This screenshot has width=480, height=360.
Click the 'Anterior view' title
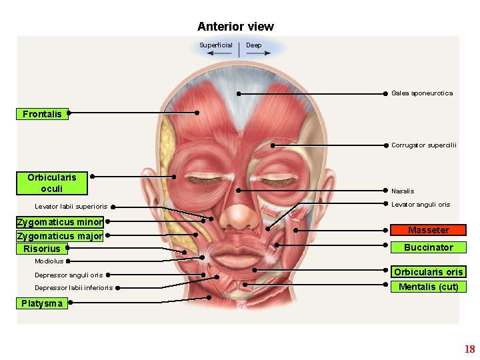click(x=235, y=27)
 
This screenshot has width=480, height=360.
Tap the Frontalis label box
click(x=42, y=114)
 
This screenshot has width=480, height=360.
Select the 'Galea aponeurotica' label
click(x=421, y=93)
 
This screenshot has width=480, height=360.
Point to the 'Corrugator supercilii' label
click(x=423, y=145)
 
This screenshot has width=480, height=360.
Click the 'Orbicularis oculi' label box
click(x=52, y=183)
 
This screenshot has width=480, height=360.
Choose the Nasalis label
click(x=402, y=191)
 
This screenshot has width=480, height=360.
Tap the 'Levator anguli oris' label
click(x=420, y=205)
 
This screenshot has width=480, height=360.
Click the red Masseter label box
click(x=428, y=230)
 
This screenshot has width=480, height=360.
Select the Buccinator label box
click(x=428, y=247)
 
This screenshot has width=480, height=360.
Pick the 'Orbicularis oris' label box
click(x=428, y=272)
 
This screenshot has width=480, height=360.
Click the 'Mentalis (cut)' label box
click(x=428, y=287)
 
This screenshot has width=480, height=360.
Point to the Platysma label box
click(x=41, y=303)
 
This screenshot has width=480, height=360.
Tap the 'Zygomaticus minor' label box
click(x=60, y=222)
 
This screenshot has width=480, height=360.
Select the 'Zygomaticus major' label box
click(x=60, y=236)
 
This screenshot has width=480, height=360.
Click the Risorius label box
click(x=41, y=249)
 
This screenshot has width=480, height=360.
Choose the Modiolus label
click(x=49, y=261)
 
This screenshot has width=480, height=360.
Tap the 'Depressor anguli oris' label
click(x=69, y=275)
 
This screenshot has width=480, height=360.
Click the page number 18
click(x=469, y=349)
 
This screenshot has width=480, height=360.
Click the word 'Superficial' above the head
click(x=216, y=45)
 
